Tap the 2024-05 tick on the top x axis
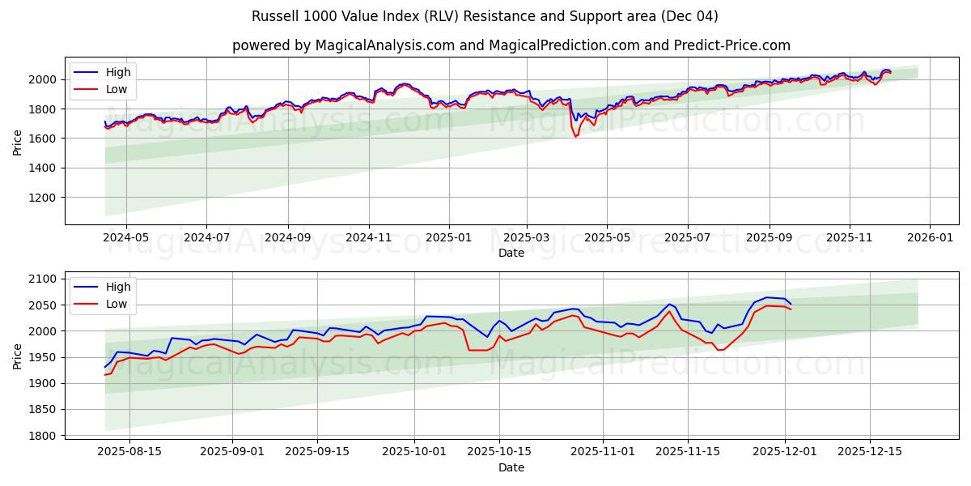126,238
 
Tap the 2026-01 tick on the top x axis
929,238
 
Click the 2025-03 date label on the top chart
527,238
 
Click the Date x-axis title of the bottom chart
511,467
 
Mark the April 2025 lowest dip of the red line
575,136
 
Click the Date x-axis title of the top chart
511,253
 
